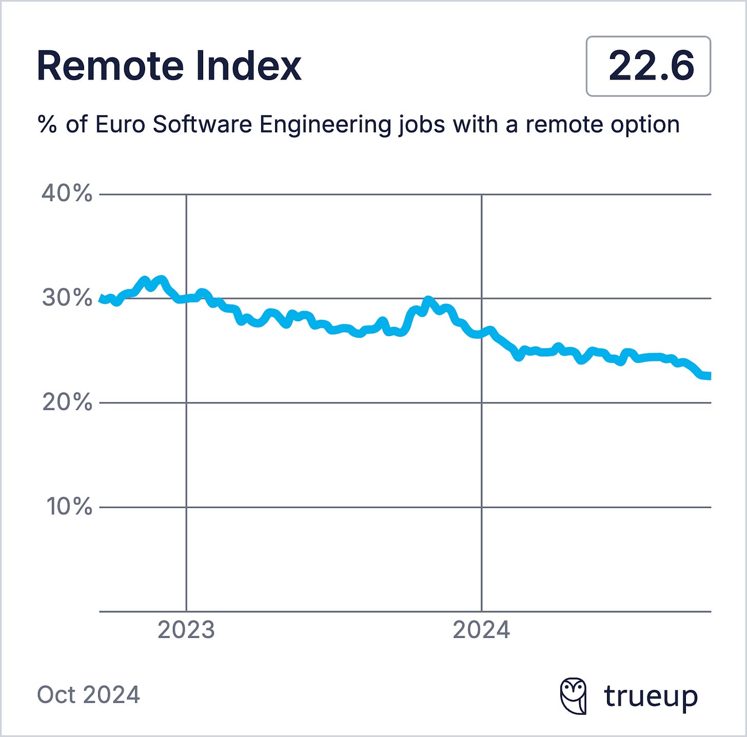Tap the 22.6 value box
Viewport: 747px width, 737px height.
pyautogui.click(x=648, y=66)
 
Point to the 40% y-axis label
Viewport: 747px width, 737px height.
pyautogui.click(x=67, y=194)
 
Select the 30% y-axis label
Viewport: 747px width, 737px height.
pyautogui.click(x=67, y=298)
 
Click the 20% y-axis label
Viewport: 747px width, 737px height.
pyautogui.click(x=67, y=402)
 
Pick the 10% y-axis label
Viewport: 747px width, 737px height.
pyautogui.click(x=69, y=507)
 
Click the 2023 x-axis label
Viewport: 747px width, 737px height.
pyautogui.click(x=186, y=630)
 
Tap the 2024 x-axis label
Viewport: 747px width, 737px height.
pyautogui.click(x=481, y=630)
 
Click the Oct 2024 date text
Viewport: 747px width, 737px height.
pyautogui.click(x=88, y=695)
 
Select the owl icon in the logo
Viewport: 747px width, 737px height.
pyautogui.click(x=573, y=696)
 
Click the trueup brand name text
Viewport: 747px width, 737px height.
pyautogui.click(x=651, y=696)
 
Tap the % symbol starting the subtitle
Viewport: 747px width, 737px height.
pyautogui.click(x=47, y=125)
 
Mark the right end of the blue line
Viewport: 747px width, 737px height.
pyautogui.click(x=709, y=376)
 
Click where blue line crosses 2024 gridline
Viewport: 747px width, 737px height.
pyautogui.click(x=481, y=334)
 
